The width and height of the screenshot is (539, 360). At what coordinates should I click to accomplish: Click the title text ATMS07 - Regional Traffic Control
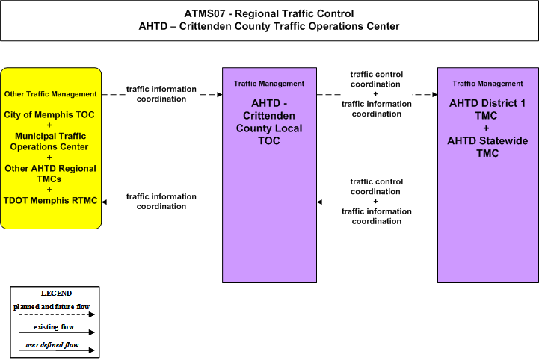click(269, 13)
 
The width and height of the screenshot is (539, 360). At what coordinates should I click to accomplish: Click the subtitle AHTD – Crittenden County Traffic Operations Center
click(269, 26)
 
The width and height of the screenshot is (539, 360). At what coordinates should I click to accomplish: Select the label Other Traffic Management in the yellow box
click(51, 94)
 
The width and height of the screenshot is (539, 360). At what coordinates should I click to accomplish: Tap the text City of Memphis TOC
click(49, 115)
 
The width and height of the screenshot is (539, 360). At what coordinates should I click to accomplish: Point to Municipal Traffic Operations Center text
click(50, 141)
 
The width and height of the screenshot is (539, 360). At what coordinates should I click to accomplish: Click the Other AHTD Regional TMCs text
click(50, 174)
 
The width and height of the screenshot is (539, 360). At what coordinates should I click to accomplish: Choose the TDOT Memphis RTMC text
click(51, 201)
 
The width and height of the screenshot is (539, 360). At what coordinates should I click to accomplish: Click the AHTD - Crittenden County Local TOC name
click(269, 122)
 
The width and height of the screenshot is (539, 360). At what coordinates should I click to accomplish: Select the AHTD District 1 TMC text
click(487, 109)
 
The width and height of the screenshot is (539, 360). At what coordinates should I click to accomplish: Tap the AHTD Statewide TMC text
click(487, 147)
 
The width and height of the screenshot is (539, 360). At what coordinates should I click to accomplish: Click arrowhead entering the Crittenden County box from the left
click(220, 94)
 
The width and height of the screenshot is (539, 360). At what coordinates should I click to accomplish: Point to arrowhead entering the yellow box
click(105, 202)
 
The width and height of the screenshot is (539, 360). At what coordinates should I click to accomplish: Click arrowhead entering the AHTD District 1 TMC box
click(435, 94)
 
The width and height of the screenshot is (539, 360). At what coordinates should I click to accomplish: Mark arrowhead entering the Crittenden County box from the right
click(319, 202)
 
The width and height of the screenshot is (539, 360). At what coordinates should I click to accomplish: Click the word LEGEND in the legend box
click(56, 294)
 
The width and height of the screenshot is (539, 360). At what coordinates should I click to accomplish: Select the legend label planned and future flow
click(52, 307)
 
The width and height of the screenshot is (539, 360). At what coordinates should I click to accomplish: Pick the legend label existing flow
click(54, 327)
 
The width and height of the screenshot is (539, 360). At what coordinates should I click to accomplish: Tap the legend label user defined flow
click(52, 344)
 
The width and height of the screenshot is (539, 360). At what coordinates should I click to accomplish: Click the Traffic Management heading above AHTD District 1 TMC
click(487, 84)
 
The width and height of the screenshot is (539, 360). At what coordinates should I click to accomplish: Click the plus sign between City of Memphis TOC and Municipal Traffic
click(49, 125)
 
